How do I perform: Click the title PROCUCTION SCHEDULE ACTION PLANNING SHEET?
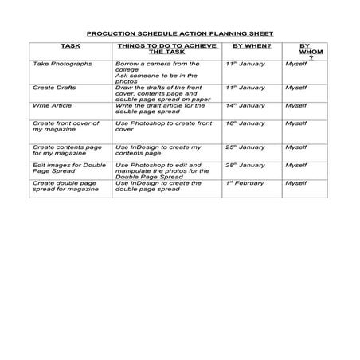(179, 34)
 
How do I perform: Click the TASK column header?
(70, 47)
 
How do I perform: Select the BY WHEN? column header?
(251, 47)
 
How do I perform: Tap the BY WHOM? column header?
(305, 52)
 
